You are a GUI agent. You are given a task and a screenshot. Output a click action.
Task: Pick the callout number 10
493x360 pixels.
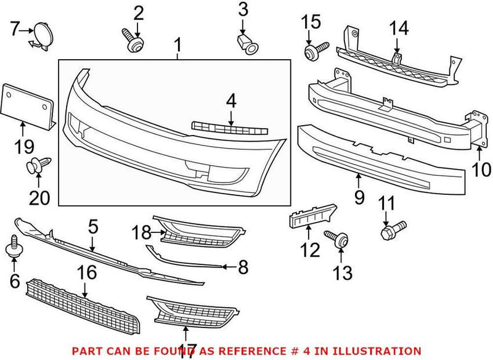click(481, 168)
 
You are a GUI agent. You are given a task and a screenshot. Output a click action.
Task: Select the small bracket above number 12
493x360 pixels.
click(312, 218)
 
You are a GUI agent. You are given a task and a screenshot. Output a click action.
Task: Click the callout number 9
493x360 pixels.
click(359, 197)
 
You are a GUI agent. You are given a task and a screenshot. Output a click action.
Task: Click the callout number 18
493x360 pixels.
click(142, 233)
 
